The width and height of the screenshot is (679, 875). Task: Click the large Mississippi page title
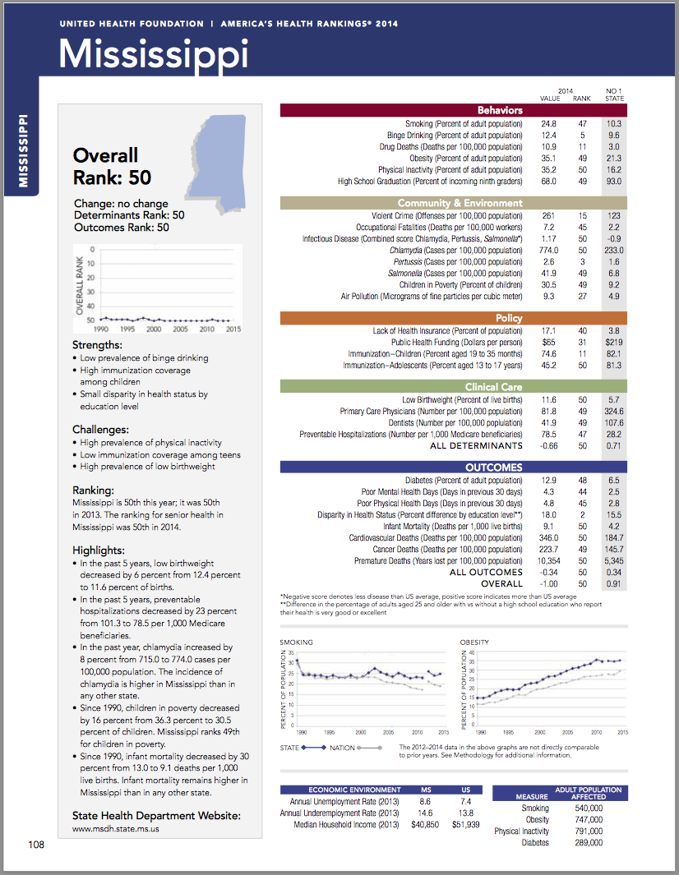[x=154, y=53]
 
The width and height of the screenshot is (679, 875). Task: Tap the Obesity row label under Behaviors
[x=465, y=159]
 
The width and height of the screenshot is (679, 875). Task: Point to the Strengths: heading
[x=97, y=345]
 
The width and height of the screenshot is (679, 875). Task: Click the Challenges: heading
[x=100, y=430]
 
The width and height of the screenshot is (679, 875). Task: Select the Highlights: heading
[x=98, y=550]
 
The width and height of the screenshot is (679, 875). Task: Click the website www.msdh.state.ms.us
[x=116, y=829]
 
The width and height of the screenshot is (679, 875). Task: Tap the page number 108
[x=36, y=845]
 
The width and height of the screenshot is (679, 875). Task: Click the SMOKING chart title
[x=296, y=642]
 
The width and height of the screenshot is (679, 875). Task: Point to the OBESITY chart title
[x=475, y=642]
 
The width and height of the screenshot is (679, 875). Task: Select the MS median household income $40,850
[x=425, y=824]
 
